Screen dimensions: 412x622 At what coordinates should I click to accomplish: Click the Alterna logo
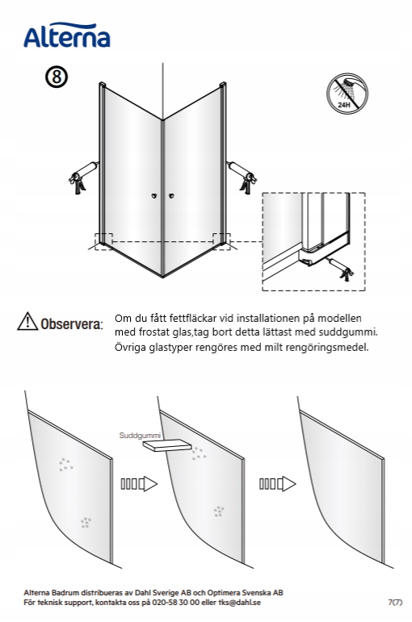click(x=67, y=35)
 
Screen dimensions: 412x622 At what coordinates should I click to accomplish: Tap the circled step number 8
click(x=57, y=77)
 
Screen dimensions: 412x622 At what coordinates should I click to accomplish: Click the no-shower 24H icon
click(x=347, y=94)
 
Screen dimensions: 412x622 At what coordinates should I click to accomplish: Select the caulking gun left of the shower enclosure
click(x=82, y=177)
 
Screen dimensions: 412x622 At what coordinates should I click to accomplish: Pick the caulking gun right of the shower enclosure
click(x=242, y=177)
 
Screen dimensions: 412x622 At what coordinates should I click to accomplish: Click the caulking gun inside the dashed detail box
click(x=340, y=269)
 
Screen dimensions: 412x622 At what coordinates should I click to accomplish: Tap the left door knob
click(x=153, y=195)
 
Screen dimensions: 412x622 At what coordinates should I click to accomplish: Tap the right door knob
click(x=171, y=195)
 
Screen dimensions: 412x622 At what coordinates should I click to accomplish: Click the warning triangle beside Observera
click(x=27, y=321)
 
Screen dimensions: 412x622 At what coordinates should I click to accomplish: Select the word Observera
click(x=72, y=324)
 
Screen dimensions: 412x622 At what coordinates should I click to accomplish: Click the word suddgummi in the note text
click(x=350, y=332)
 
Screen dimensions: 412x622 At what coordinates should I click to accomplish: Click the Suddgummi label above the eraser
click(x=140, y=436)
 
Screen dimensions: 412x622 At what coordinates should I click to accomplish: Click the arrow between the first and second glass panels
click(x=139, y=484)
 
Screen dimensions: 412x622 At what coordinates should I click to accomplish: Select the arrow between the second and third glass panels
click(x=277, y=484)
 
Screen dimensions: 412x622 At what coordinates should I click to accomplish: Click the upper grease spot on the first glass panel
click(x=66, y=465)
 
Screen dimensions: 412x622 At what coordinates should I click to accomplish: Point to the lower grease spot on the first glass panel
click(x=86, y=523)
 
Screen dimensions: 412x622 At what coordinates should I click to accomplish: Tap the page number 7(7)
click(x=395, y=603)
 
